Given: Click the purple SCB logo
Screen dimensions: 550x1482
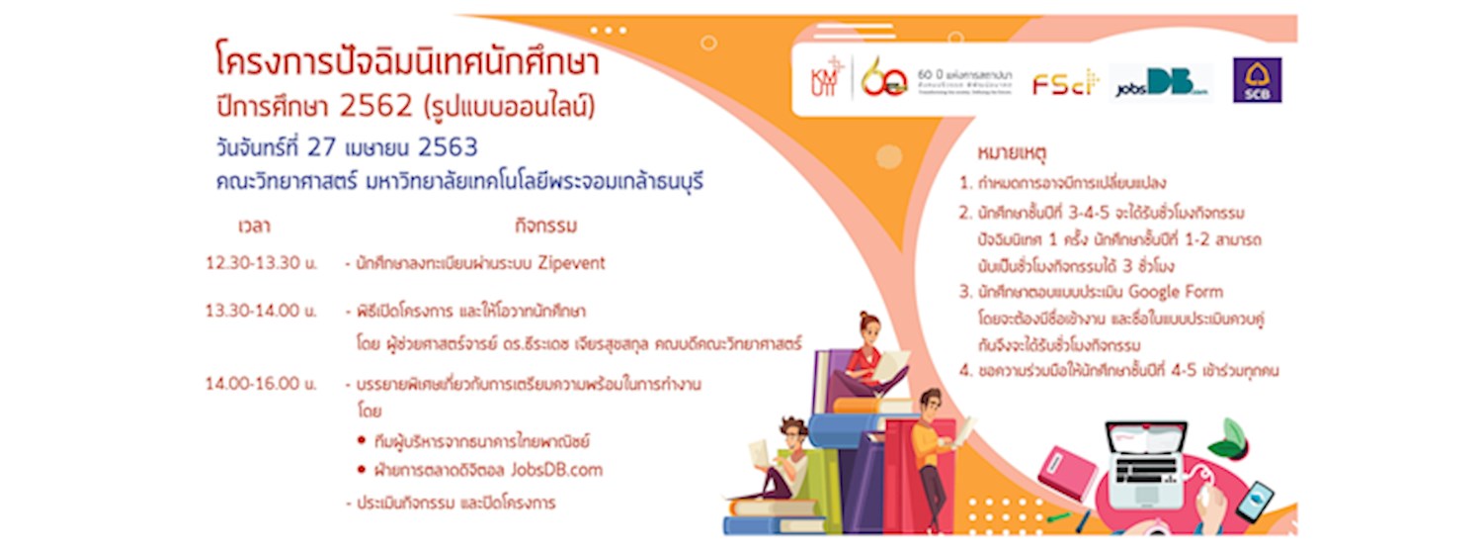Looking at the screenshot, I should click(x=1257, y=81).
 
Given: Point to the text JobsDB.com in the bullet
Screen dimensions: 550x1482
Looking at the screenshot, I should click(x=556, y=470).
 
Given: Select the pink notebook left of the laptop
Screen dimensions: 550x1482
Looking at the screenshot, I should click(x=1068, y=473).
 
